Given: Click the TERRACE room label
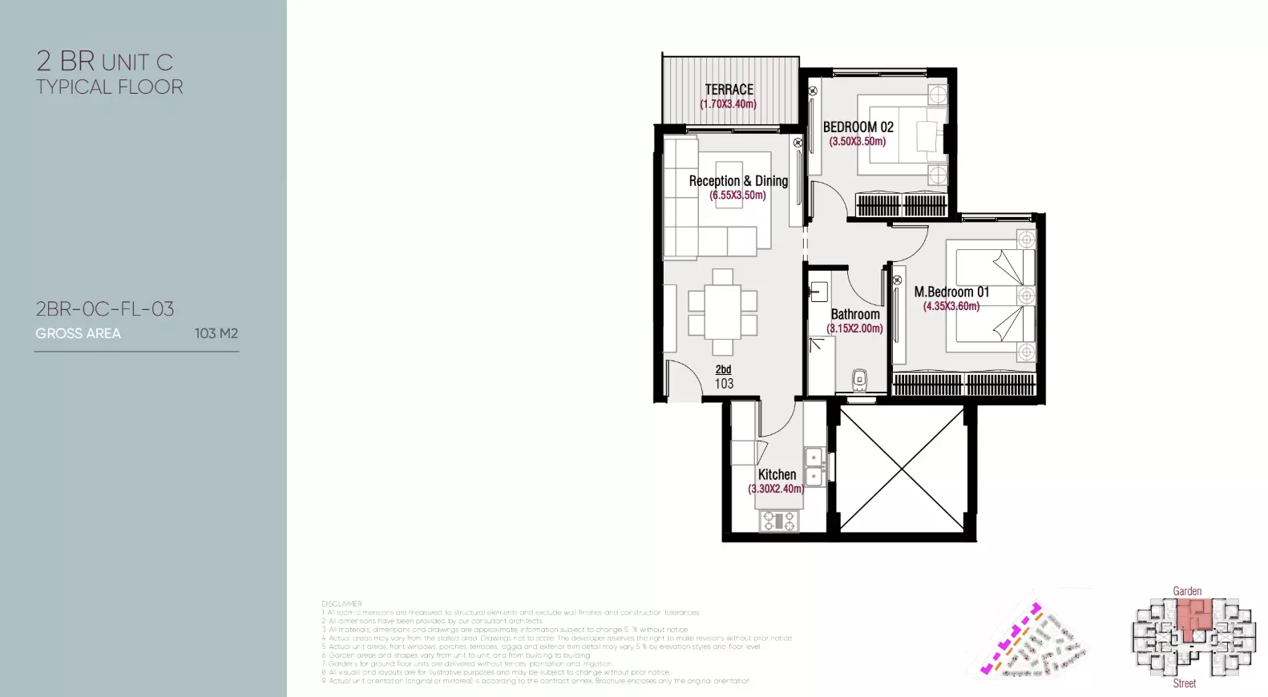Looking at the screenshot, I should [x=729, y=90].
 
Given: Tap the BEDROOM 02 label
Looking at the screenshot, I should [x=858, y=127].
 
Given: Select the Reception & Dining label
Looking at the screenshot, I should [x=738, y=181].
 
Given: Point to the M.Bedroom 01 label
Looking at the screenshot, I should [x=951, y=292].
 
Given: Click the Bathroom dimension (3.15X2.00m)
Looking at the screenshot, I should [x=855, y=328].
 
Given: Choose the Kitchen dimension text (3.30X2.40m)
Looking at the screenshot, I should [x=776, y=489].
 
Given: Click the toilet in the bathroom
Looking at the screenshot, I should [x=859, y=380].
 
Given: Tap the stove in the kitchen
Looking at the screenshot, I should [x=777, y=522].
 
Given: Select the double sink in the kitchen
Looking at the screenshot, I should [x=814, y=467].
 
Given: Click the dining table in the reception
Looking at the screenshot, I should [x=722, y=312].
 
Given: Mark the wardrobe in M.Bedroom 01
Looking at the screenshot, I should [x=964, y=385].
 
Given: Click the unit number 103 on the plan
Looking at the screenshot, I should [x=724, y=384].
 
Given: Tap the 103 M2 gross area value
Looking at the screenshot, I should [x=216, y=333].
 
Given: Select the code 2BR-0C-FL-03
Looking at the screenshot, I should [x=105, y=309].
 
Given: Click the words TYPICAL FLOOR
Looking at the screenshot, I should [x=110, y=87].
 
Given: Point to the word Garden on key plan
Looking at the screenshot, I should [x=1187, y=591].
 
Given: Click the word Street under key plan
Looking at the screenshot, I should [x=1184, y=683].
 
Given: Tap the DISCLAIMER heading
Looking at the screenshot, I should [x=341, y=604].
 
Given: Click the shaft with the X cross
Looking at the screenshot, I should [x=902, y=468].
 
